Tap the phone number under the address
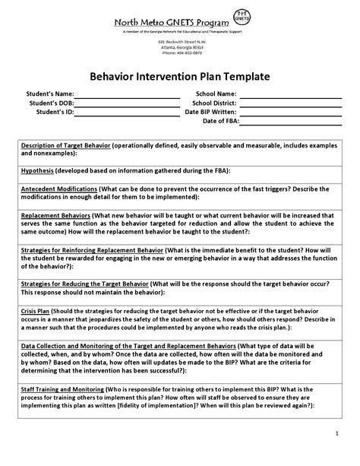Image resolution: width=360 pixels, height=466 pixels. [180, 53]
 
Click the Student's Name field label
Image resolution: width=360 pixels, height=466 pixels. [50, 94]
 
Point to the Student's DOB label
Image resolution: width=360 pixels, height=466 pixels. [52, 103]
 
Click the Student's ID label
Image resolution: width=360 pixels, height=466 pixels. [55, 112]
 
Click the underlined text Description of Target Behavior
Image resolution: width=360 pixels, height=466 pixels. [65, 144]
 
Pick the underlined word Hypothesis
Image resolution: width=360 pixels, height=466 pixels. [37, 170]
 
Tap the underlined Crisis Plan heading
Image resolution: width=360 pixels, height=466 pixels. [37, 312]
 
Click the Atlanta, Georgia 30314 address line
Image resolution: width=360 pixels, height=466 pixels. [180, 48]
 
